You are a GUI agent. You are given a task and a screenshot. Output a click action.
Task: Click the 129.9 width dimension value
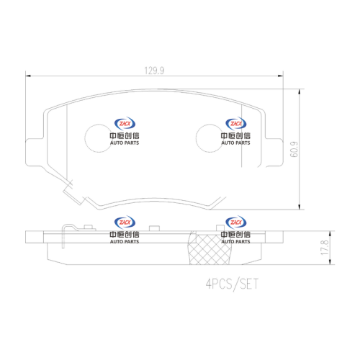coord(154,71)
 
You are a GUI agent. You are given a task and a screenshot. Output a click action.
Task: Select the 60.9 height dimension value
coord(294,149)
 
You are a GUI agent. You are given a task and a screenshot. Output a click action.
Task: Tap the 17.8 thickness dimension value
coord(325,248)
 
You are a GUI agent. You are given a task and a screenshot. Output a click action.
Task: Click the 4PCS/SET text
coord(232,284)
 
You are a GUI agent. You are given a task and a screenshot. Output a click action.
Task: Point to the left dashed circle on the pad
coord(85,138)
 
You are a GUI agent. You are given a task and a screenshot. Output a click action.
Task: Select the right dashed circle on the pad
coord(196,138)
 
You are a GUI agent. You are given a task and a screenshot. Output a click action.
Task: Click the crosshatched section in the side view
coord(210,250)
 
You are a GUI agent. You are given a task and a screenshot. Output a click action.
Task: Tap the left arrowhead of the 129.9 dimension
coord(28,76)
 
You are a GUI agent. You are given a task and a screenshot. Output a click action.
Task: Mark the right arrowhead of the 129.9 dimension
coord(281,76)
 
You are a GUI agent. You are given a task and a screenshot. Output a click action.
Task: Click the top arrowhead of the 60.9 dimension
coord(299,92)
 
